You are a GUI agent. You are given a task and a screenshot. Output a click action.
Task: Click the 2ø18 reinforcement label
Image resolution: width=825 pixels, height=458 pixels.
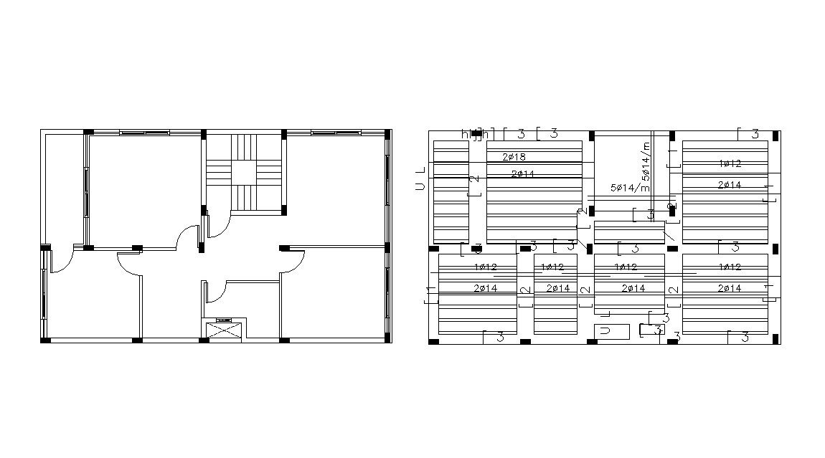click(514, 157)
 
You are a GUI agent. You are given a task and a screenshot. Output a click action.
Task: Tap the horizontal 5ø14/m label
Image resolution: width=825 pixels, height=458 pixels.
click(629, 188)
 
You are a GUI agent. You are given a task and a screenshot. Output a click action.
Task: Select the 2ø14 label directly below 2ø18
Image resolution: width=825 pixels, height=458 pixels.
click(523, 174)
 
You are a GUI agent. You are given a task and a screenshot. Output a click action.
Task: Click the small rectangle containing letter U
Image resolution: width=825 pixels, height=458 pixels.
click(611, 331)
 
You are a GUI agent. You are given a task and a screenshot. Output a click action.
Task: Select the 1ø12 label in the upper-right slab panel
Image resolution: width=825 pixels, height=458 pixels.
click(730, 163)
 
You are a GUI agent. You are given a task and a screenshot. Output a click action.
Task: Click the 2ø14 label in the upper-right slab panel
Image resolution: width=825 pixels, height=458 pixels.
click(730, 185)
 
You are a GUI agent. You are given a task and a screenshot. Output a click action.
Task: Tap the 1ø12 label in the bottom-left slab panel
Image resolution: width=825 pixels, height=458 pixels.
click(485, 267)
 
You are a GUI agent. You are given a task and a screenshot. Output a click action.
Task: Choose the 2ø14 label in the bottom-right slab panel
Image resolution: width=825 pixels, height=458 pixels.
click(730, 288)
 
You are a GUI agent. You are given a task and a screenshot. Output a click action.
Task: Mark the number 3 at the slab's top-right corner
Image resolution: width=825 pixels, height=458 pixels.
click(755, 134)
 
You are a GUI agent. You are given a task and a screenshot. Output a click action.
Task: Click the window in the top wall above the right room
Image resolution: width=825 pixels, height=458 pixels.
click(336, 132)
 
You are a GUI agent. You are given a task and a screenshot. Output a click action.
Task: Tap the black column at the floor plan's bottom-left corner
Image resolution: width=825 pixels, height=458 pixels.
click(45, 339)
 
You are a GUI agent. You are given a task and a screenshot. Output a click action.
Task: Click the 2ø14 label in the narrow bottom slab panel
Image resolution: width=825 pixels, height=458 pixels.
click(557, 288)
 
